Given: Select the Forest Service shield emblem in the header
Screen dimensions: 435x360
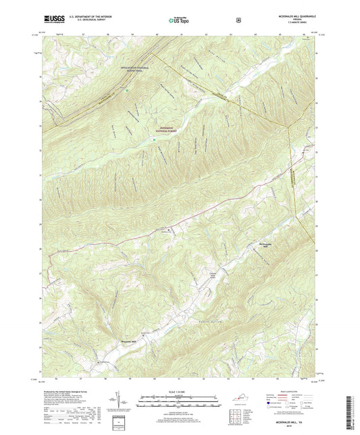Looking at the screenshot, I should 237,20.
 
